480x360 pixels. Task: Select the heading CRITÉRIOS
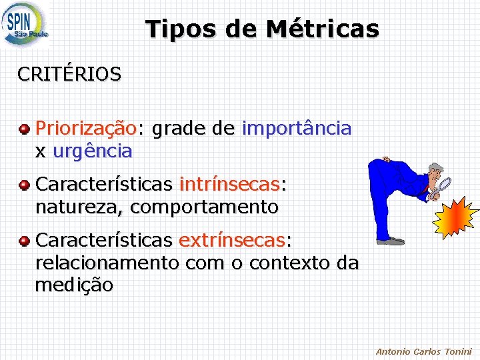tap(69, 74)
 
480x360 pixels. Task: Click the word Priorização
tap(85, 128)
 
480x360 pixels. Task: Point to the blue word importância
tap(297, 128)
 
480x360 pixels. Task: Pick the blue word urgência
tap(92, 151)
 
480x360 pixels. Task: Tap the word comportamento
tap(204, 207)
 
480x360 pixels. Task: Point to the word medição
tap(73, 286)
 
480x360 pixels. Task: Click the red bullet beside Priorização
tap(24, 128)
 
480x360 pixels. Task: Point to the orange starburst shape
tap(457, 219)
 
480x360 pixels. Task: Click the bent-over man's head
tap(435, 173)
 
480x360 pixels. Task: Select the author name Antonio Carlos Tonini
tap(423, 351)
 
